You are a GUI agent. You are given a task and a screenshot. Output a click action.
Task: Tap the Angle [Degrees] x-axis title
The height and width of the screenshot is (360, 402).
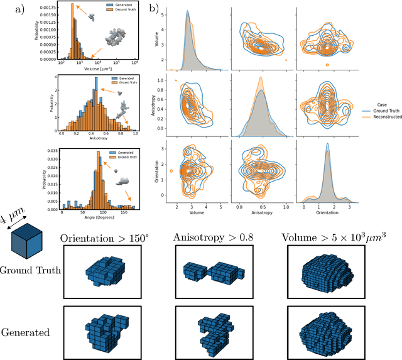pos(96,217)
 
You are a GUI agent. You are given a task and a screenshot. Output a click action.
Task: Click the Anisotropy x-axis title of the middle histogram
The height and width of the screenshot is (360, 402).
pos(95,143)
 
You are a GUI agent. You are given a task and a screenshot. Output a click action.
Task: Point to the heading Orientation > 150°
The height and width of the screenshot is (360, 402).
pos(104,239)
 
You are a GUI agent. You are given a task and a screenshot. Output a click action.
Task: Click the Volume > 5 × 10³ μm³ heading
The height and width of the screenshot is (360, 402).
pos(329,239)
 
